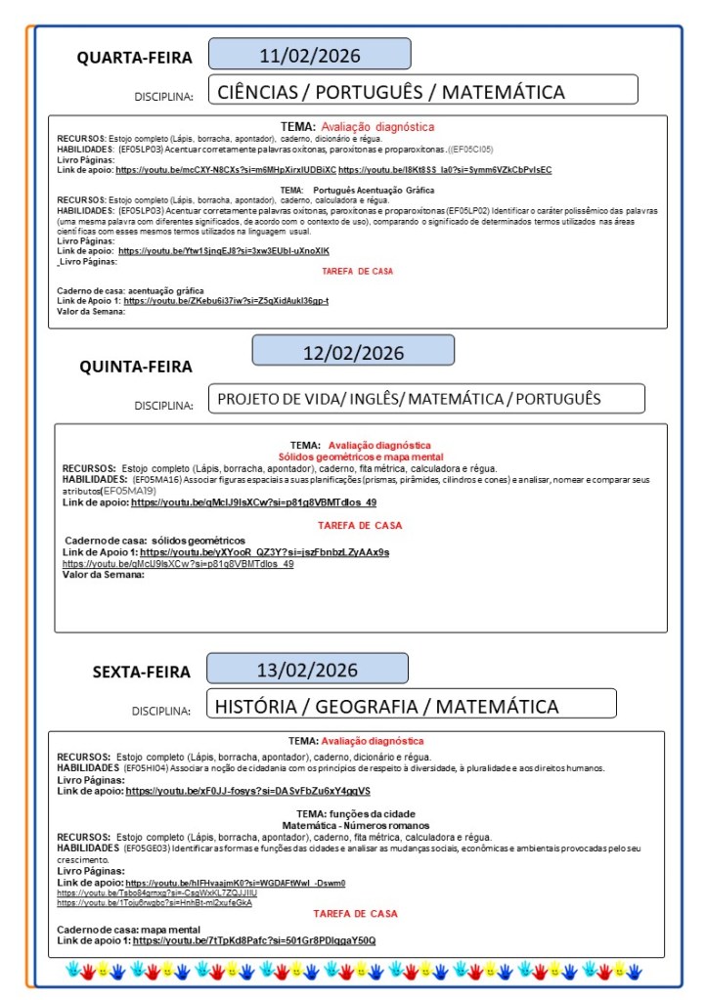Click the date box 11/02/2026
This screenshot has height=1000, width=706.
pyautogui.click(x=309, y=54)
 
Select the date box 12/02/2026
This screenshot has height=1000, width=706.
pyautogui.click(x=353, y=352)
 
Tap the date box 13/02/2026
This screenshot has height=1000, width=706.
pyautogui.click(x=307, y=670)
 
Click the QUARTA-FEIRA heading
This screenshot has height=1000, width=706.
pyautogui.click(x=135, y=58)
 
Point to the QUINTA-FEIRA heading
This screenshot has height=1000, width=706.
pyautogui.click(x=136, y=367)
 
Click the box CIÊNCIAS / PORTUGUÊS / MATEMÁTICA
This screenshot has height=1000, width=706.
pyautogui.click(x=422, y=91)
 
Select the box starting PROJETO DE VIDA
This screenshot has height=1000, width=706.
pyautogui.click(x=426, y=398)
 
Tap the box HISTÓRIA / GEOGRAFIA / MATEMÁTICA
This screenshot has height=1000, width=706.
pyautogui.click(x=412, y=706)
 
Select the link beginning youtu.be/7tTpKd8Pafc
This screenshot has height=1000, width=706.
pyautogui.click(x=254, y=940)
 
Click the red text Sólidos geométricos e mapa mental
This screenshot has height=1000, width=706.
pyautogui.click(x=360, y=457)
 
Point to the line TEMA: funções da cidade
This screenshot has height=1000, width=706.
pyautogui.click(x=356, y=814)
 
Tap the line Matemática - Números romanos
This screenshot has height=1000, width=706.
pyautogui.click(x=356, y=826)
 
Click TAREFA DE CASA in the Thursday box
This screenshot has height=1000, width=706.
pyautogui.click(x=360, y=525)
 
